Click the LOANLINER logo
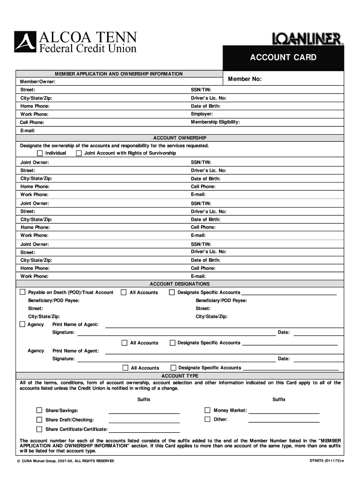tap(308, 39)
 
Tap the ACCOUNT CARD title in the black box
tap(283, 58)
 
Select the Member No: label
tap(245, 79)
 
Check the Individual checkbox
tap(40, 153)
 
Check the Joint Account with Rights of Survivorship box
tap(79, 153)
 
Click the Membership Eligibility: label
tap(215, 122)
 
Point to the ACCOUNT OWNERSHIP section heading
tap(180, 138)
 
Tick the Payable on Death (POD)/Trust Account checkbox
tap(22, 292)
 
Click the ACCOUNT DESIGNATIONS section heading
tap(180, 284)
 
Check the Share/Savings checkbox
tap(40, 410)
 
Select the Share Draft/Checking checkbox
tap(40, 420)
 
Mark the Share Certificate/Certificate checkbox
tap(40, 429)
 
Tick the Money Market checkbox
tap(208, 410)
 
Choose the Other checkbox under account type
tap(208, 419)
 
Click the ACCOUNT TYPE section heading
tap(180, 376)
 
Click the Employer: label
tap(202, 114)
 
